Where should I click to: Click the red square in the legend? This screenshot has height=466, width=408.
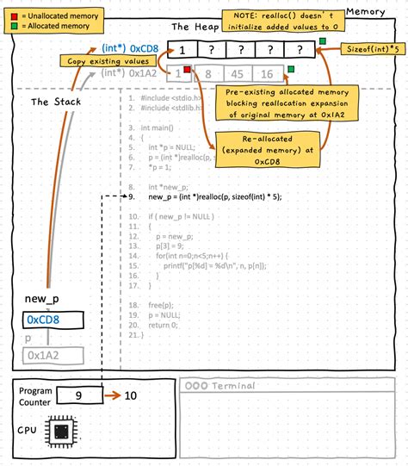click(x=13, y=16)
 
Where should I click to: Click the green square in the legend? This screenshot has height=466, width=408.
click(x=13, y=26)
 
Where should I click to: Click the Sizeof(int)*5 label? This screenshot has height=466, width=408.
click(x=371, y=51)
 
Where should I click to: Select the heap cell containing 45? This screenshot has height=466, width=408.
click(x=241, y=75)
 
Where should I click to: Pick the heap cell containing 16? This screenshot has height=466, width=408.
click(x=268, y=75)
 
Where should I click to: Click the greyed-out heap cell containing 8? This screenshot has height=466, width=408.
click(x=209, y=75)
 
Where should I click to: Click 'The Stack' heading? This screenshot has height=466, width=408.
click(x=53, y=101)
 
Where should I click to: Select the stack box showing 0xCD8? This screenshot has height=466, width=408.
click(x=53, y=320)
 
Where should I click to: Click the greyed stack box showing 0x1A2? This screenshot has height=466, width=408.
click(x=53, y=354)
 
